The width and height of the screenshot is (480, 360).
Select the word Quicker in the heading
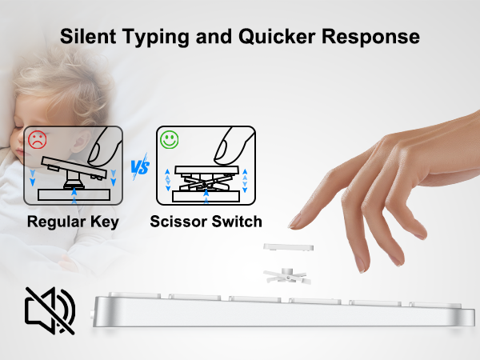tap(279, 37)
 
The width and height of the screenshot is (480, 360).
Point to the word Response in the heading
tap(375, 37)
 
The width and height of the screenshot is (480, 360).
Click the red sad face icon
tap(37, 139)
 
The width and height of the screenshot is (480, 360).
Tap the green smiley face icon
tap(168, 139)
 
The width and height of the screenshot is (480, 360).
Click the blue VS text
tap(140, 168)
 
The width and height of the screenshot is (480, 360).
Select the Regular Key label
tap(73, 222)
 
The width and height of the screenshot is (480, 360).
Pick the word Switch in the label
tap(236, 222)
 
